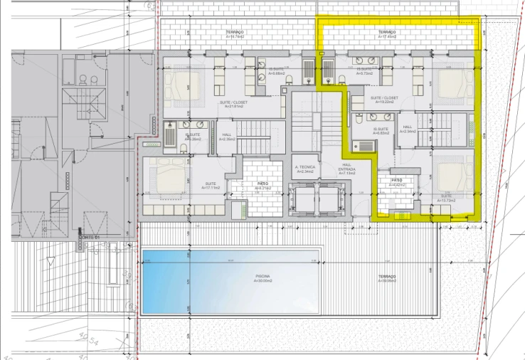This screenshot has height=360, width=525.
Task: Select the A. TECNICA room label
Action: pyautogui.click(x=305, y=169)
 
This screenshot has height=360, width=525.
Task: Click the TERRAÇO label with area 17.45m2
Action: pyautogui.click(x=387, y=34)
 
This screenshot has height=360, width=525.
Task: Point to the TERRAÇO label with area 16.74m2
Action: pyautogui.click(x=235, y=34)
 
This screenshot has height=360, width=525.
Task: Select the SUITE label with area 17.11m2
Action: pyautogui.click(x=211, y=186)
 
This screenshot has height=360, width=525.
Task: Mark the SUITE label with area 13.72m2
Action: pyautogui.click(x=447, y=198)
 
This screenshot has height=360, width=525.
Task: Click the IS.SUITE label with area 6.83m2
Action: pyautogui.click(x=382, y=130)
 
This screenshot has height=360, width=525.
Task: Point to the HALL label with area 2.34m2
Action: pyautogui.click(x=408, y=129)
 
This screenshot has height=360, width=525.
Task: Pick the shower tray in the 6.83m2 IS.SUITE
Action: pyautogui.click(x=364, y=146)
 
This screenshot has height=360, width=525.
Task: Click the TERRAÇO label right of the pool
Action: pyautogui.click(x=387, y=277)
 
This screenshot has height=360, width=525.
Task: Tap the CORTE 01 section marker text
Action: pyautogui.click(x=89, y=237)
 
